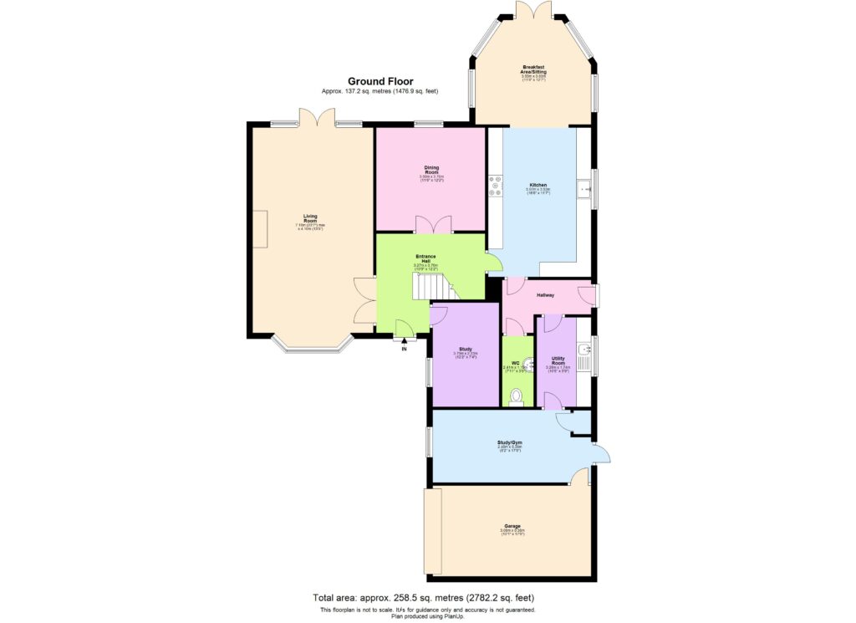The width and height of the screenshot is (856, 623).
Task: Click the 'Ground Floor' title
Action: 380,81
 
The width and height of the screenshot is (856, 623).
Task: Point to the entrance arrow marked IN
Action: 405,341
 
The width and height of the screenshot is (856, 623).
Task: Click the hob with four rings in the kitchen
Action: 495,185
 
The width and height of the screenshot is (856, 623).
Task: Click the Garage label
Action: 512,528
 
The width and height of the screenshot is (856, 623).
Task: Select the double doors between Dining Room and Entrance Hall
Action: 434,225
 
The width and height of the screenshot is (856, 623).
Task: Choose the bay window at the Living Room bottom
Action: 311,344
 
